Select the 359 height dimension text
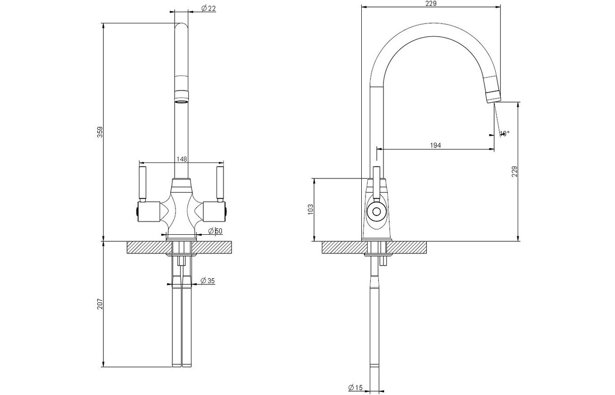tap(99, 133)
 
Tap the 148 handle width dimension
tap(181, 159)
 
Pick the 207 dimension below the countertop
tap(99, 304)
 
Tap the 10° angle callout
tap(504, 133)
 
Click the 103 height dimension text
tap(311, 209)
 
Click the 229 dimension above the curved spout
tap(431, 4)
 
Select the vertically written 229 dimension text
tap(514, 171)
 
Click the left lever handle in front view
tap(142, 183)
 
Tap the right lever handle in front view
tap(218, 183)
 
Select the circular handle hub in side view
tap(376, 212)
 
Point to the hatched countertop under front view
tap(149, 247)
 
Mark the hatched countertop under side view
tap(346, 247)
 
